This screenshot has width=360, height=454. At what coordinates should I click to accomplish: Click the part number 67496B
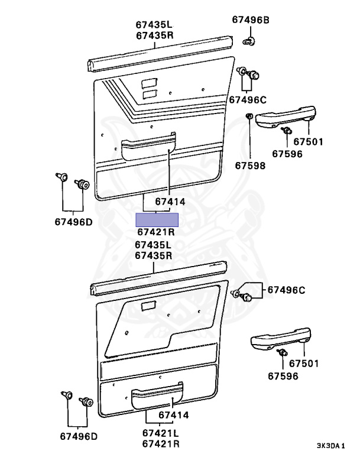coord(250,20)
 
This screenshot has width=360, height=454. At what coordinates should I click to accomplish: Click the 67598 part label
coord(251,166)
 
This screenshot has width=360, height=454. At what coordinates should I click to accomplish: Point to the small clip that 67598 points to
coord(249,116)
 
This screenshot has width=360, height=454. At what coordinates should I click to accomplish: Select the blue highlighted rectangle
coord(157,220)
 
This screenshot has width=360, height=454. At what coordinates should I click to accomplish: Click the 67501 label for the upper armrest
coord(309,141)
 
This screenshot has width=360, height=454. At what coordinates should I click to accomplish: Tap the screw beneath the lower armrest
coord(282,354)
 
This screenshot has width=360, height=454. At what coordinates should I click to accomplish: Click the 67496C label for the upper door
coord(248,99)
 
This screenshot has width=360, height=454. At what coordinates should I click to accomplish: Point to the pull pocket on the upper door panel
coord(149,148)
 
